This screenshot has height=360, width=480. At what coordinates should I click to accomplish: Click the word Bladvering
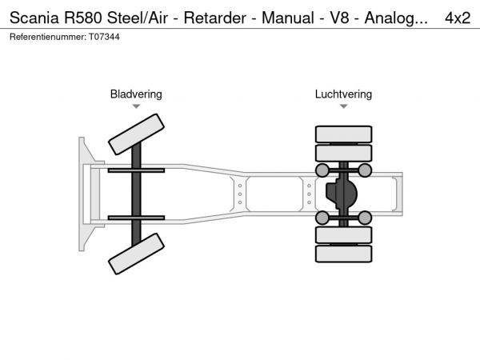136,94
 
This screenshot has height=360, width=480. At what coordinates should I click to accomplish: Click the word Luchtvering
343,94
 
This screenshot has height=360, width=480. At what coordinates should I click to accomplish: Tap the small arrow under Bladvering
136,106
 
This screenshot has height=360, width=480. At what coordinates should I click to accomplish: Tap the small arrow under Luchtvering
343,106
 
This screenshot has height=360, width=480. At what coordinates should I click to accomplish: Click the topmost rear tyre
344,134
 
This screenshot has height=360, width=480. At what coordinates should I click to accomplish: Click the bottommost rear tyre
344,254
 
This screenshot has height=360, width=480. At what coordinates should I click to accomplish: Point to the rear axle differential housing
344,194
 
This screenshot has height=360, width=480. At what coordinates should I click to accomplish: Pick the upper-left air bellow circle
322,170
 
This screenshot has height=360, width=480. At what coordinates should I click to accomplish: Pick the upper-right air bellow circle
365,170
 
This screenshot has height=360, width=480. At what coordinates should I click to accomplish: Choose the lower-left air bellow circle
322,218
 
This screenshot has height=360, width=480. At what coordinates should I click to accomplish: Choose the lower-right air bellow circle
365,218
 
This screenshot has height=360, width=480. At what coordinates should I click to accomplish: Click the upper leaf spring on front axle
136,170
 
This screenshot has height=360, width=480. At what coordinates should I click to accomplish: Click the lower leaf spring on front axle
136,218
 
